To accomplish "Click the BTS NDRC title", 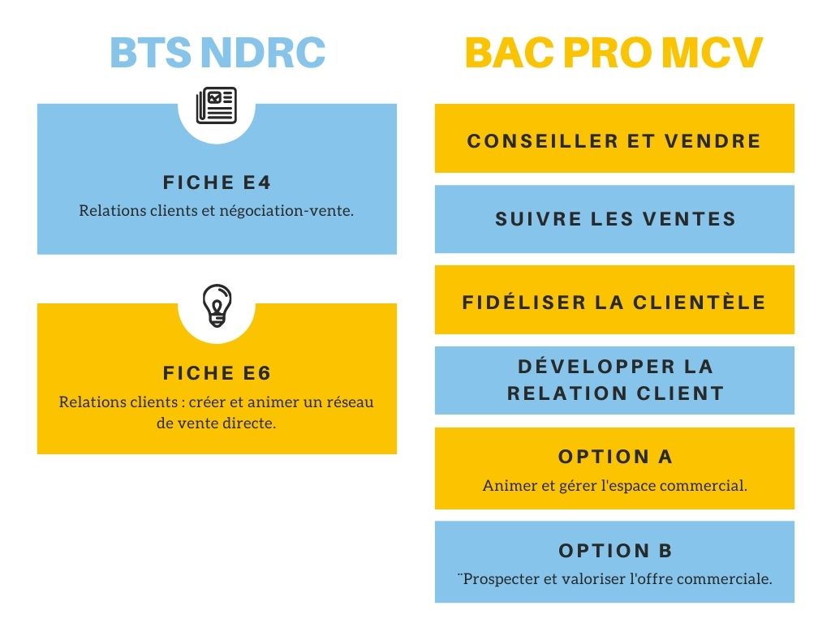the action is (217, 53).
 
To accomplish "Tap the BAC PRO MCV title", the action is (614, 53).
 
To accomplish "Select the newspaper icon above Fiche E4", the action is (216, 105).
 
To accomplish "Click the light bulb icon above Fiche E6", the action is (217, 306).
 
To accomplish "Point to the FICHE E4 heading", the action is (217, 183).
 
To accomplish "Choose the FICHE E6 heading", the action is (217, 373).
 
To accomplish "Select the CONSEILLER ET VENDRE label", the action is (614, 141).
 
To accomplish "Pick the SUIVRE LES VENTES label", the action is (615, 219).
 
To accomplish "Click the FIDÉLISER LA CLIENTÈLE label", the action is (614, 302).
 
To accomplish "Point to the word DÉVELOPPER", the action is (596, 366).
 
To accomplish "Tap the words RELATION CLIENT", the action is (615, 393).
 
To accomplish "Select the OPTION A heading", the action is (615, 457).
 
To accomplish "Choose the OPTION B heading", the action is (615, 551).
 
